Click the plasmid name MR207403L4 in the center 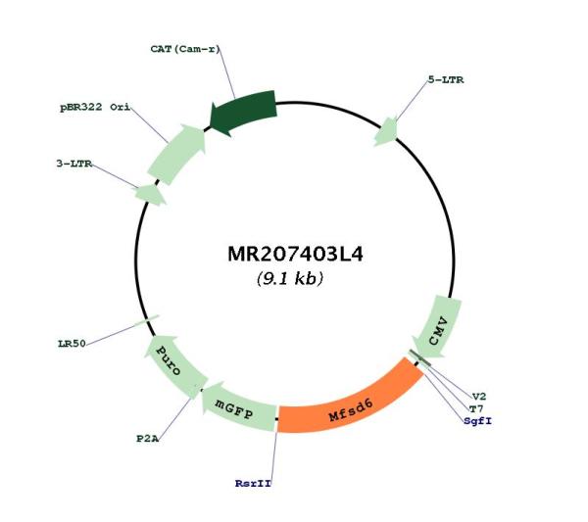click(x=295, y=254)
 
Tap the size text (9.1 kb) click(x=290, y=278)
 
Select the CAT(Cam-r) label click(x=185, y=49)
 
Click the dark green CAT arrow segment click(x=244, y=112)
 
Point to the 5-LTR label click(x=446, y=79)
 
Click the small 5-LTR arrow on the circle click(x=386, y=131)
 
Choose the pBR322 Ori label click(x=95, y=107)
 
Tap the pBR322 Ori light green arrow click(x=177, y=154)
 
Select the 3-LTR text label click(x=74, y=164)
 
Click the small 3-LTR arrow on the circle click(x=150, y=195)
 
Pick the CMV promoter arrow click(x=438, y=327)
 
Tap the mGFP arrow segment click(x=237, y=407)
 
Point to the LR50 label click(x=72, y=343)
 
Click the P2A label click(x=147, y=439)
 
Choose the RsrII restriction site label click(x=253, y=484)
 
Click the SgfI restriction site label click(x=477, y=421)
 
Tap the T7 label click(x=476, y=408)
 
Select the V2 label click(x=479, y=396)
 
